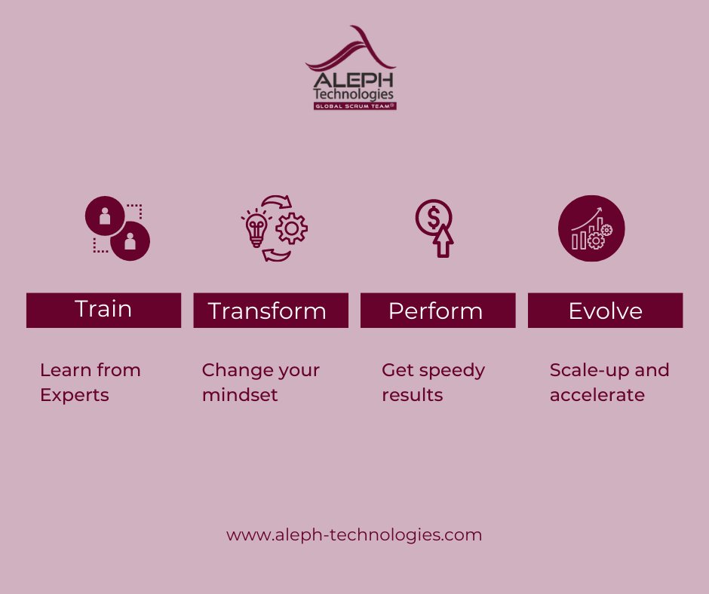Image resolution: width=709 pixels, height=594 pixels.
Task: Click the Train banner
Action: tap(103, 310)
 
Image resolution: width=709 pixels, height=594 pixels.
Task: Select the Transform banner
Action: tap(271, 311)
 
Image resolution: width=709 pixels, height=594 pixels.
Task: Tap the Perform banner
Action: tap(437, 311)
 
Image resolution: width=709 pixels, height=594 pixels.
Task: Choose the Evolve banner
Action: tap(605, 311)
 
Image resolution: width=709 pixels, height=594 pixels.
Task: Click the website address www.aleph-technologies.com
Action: tap(354, 535)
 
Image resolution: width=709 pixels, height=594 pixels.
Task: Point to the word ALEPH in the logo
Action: tap(354, 81)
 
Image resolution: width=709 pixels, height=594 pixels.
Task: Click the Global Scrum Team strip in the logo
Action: tap(354, 106)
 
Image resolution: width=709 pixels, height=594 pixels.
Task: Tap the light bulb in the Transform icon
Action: tap(257, 228)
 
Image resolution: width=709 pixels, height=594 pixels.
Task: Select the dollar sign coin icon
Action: tap(433, 218)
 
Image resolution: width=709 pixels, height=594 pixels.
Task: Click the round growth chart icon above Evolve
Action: tap(591, 228)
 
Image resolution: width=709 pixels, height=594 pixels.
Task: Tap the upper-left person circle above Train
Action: tap(105, 216)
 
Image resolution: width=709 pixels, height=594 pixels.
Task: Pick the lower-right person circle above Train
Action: tap(130, 240)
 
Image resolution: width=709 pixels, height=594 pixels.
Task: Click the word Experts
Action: tap(75, 395)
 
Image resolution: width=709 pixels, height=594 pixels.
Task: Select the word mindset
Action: tap(240, 395)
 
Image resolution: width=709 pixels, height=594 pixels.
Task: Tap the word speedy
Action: tap(452, 371)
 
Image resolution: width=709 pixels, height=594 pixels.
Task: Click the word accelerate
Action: tap(597, 395)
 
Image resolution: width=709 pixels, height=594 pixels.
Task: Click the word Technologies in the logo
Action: tap(354, 95)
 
